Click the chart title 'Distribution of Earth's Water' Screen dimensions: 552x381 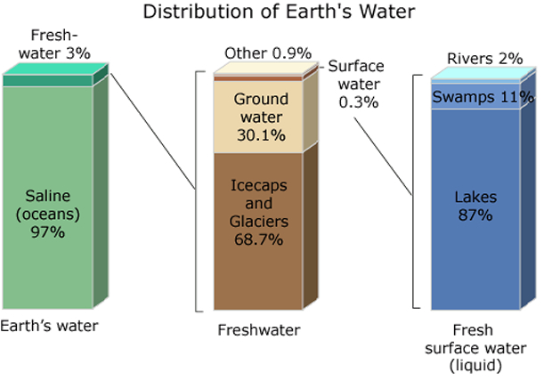click(x=279, y=12)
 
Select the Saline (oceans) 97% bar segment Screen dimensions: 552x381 click(x=48, y=198)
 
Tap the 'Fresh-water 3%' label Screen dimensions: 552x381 click(x=54, y=45)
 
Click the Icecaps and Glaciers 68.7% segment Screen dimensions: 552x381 click(x=258, y=231)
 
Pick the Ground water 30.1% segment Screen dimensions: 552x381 click(x=258, y=118)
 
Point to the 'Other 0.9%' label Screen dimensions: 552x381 click(x=268, y=53)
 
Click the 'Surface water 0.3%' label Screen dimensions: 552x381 click(x=357, y=85)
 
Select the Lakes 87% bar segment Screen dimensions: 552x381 click(x=475, y=209)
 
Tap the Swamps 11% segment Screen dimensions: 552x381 click(x=475, y=96)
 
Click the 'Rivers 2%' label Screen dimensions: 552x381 click(x=484, y=59)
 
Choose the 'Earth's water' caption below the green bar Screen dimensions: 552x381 click(x=49, y=326)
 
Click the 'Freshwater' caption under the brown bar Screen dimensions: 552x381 click(x=259, y=330)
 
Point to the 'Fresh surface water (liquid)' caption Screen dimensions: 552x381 click(x=475, y=348)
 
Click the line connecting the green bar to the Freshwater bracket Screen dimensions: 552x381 click(x=153, y=132)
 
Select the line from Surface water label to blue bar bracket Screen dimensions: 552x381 click(x=383, y=156)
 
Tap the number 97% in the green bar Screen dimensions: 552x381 click(x=47, y=232)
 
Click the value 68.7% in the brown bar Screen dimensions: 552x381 click(x=258, y=239)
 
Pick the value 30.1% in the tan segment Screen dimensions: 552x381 click(x=261, y=135)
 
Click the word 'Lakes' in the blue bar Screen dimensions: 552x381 click(x=475, y=198)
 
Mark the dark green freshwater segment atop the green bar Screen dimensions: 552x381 click(x=48, y=81)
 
